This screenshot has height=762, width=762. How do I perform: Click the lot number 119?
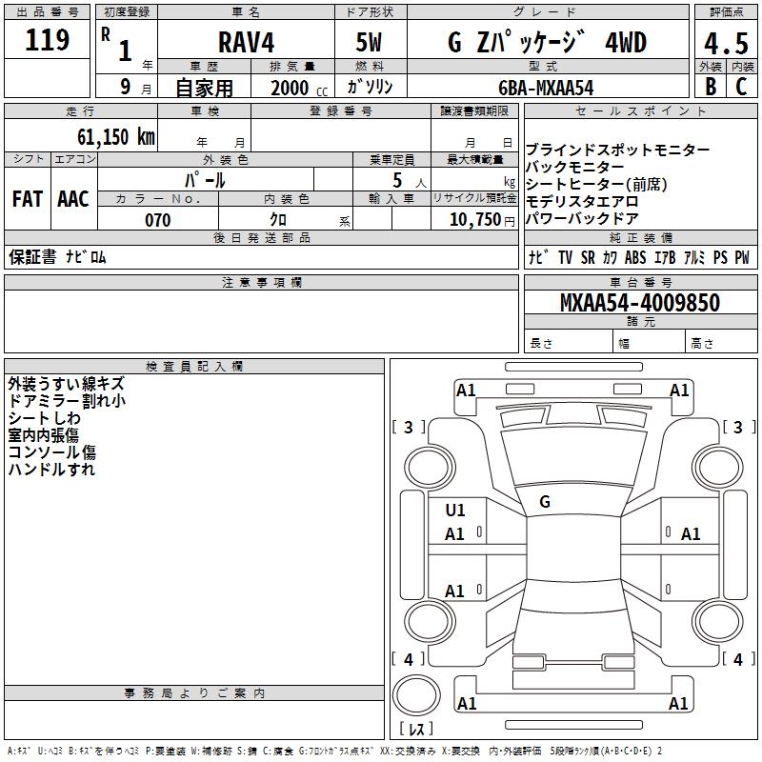(47, 40)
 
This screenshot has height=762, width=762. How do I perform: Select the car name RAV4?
(246, 42)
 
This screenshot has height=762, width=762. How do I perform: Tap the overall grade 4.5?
(726, 43)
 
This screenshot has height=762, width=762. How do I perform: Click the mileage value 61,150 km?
(115, 136)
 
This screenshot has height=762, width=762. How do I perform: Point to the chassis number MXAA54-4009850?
(640, 303)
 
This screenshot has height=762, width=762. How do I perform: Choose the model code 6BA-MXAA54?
(546, 88)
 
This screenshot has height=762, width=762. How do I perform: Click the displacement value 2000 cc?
(299, 88)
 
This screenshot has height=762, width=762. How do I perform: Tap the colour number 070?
(158, 220)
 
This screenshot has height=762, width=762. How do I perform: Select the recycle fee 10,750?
(474, 220)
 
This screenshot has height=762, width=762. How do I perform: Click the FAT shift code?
(28, 199)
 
